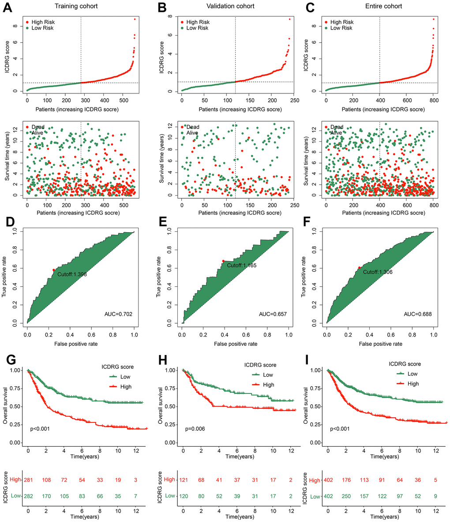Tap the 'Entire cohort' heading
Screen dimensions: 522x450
coord(381,7)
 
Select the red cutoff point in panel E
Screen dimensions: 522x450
coord(223,261)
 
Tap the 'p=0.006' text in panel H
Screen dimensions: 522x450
coord(195,429)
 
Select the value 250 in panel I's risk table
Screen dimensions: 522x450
coord(349,496)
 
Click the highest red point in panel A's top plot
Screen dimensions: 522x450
coord(135,19)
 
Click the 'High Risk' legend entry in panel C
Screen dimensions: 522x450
coord(342,22)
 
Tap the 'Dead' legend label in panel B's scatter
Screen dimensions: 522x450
coord(193,127)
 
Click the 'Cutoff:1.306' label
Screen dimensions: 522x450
coord(378,272)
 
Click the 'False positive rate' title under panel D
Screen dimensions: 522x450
coord(80,343)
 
